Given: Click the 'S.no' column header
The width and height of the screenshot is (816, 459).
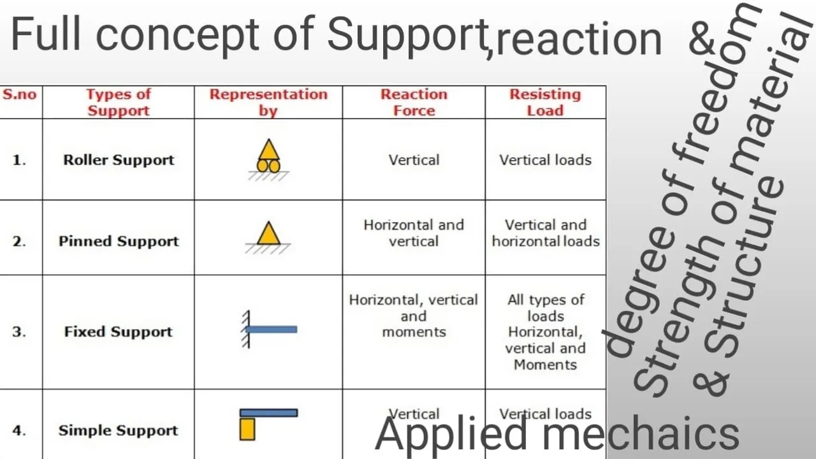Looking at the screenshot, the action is point(20,94).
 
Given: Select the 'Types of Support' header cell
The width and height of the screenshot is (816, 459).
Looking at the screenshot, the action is point(119,103).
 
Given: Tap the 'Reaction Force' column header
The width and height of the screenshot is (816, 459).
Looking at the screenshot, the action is point(414,103).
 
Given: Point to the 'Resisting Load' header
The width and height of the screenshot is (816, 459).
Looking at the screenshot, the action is point(545,103).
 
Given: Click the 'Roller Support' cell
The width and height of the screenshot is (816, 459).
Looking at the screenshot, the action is point(119,160).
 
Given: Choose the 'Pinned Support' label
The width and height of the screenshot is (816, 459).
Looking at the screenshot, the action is point(119,241).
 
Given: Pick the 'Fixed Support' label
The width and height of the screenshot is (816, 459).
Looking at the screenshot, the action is point(119,331).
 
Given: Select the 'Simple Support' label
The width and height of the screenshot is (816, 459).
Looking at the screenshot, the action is point(119,430).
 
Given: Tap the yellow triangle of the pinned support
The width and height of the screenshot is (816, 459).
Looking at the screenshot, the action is point(269,233).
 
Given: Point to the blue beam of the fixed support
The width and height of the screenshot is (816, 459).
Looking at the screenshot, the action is point(272,330).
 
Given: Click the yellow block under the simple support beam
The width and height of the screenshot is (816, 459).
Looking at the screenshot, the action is point(247,429).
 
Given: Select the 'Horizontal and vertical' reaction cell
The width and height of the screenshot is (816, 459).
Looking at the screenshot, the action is point(414,233).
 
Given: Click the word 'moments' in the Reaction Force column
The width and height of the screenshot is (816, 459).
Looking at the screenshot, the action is point(414,332).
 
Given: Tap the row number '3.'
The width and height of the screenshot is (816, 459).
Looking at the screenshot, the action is point(19,332).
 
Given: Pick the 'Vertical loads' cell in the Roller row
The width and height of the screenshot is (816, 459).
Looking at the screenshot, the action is point(545,160).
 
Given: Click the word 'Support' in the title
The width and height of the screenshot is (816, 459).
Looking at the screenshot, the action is point(408,34).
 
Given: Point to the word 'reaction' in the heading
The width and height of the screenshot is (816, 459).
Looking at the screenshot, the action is point(578,39).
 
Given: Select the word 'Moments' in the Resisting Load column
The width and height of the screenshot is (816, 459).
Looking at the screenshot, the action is point(545,365).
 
